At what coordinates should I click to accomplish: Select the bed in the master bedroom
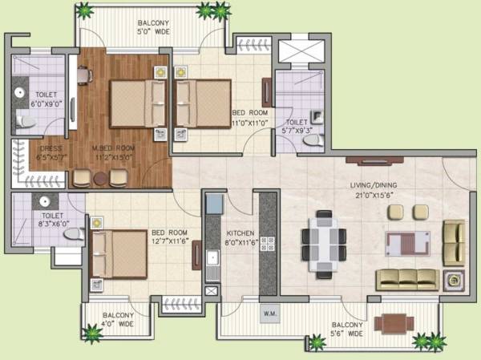132,104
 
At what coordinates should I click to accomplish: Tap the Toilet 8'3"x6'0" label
52,220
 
